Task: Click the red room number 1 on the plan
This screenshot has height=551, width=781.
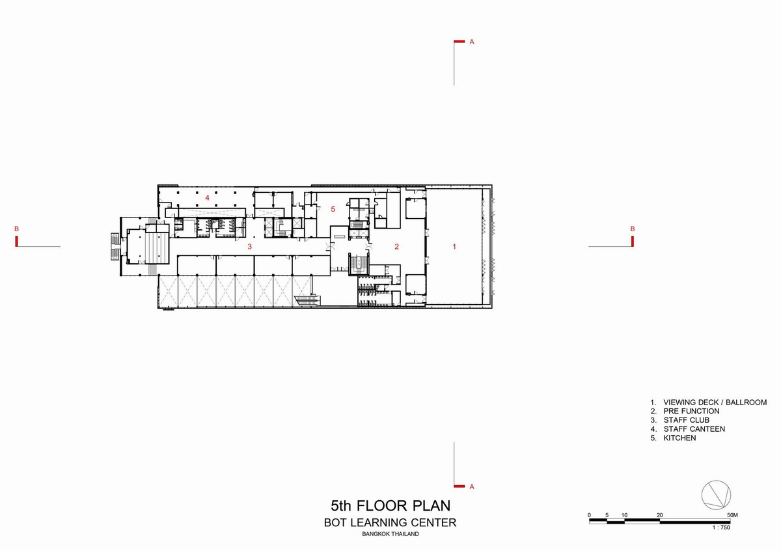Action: pos(454,247)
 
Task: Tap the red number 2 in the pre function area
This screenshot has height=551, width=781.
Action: pos(396,247)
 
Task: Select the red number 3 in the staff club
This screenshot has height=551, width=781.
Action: pos(250,247)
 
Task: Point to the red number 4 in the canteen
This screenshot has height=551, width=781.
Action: pos(207,198)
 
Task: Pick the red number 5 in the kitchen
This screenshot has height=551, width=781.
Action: pos(333,209)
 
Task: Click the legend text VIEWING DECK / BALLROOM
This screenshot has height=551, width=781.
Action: pos(715,403)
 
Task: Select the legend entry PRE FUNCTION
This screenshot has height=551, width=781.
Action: pos(691,411)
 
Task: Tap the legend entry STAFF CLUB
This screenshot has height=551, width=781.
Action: pos(686,420)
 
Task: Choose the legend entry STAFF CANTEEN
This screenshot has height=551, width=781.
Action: pos(694,429)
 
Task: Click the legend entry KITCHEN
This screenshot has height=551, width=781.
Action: pos(679,438)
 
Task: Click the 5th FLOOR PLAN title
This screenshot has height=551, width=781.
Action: pos(390,505)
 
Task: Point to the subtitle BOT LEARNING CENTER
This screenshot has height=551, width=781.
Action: pos(390,523)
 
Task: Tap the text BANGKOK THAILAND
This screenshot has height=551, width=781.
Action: pos(390,534)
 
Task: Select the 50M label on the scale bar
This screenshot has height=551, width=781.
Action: pos(733,515)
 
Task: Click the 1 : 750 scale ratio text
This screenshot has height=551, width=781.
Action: pos(721,528)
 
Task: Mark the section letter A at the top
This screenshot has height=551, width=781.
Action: pos(472,42)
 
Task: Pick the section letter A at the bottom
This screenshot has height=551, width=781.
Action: pos(472,487)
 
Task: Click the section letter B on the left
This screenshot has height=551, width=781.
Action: pos(16,229)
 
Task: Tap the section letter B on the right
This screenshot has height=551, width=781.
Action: pos(633,229)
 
